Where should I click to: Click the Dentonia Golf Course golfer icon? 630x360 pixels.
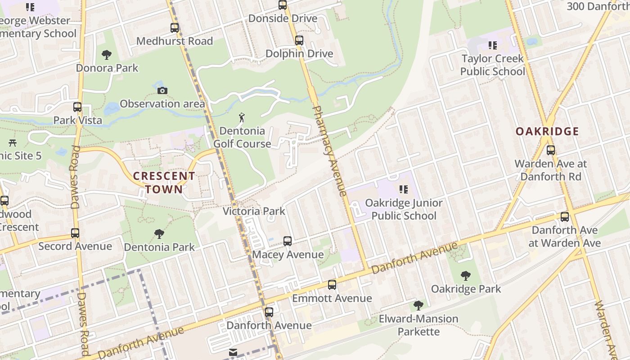click(242, 118)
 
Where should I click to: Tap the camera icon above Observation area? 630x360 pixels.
click(162, 90)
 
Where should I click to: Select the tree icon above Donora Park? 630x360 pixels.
click(107, 55)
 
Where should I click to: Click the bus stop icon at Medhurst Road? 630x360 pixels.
click(175, 28)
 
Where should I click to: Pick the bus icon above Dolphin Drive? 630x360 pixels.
click(299, 40)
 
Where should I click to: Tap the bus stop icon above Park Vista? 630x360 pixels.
click(77, 107)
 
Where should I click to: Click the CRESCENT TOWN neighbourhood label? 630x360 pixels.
click(164, 182)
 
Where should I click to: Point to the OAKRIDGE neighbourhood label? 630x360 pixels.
click(547, 131)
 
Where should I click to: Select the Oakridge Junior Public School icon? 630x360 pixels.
click(404, 189)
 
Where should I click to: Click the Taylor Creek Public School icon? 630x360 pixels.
click(493, 45)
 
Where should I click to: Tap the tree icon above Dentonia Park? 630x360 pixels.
click(159, 234)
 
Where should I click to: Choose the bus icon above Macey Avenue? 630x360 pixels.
click(288, 241)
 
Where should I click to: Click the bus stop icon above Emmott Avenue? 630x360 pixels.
click(332, 284)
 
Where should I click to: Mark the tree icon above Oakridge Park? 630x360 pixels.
click(466, 275)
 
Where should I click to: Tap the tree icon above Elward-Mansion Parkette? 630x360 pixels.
click(418, 306)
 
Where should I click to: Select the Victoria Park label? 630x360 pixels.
click(254, 211)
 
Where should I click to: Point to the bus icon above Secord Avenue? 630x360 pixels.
click(75, 233)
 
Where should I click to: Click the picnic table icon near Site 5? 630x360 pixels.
click(13, 143)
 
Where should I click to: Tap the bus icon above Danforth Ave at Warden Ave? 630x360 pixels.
click(565, 217)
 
